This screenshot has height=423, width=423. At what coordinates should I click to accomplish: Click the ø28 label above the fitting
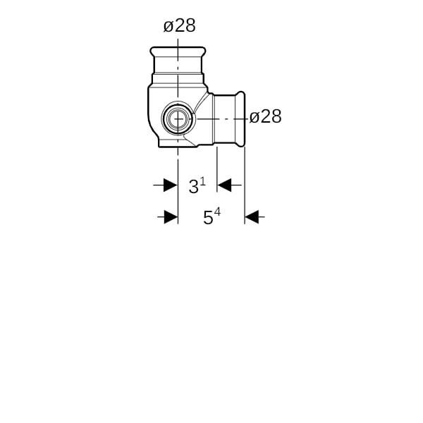179,26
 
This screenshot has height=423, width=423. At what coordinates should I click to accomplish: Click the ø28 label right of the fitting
266,117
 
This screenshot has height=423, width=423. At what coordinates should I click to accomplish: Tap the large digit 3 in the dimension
193,187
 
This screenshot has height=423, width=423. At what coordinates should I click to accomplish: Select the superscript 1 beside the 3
203,182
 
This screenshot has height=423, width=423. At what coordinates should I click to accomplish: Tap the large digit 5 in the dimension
208,218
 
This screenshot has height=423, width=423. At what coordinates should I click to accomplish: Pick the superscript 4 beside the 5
217,213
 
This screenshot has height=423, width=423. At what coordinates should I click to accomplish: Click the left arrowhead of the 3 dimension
171,185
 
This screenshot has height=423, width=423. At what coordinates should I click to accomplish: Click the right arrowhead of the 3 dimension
224,185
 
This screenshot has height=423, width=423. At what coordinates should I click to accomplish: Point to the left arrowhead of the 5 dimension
171,217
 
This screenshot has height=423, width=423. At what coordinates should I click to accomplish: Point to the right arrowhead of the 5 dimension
252,217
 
